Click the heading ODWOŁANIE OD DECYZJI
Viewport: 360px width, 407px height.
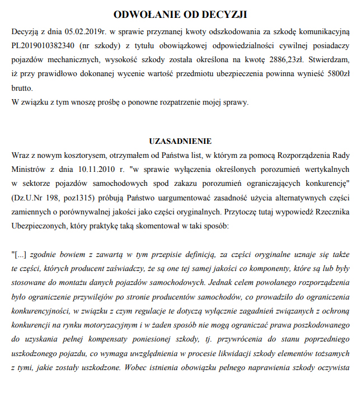coord(180,14)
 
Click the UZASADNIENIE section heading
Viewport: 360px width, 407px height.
coord(180,141)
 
